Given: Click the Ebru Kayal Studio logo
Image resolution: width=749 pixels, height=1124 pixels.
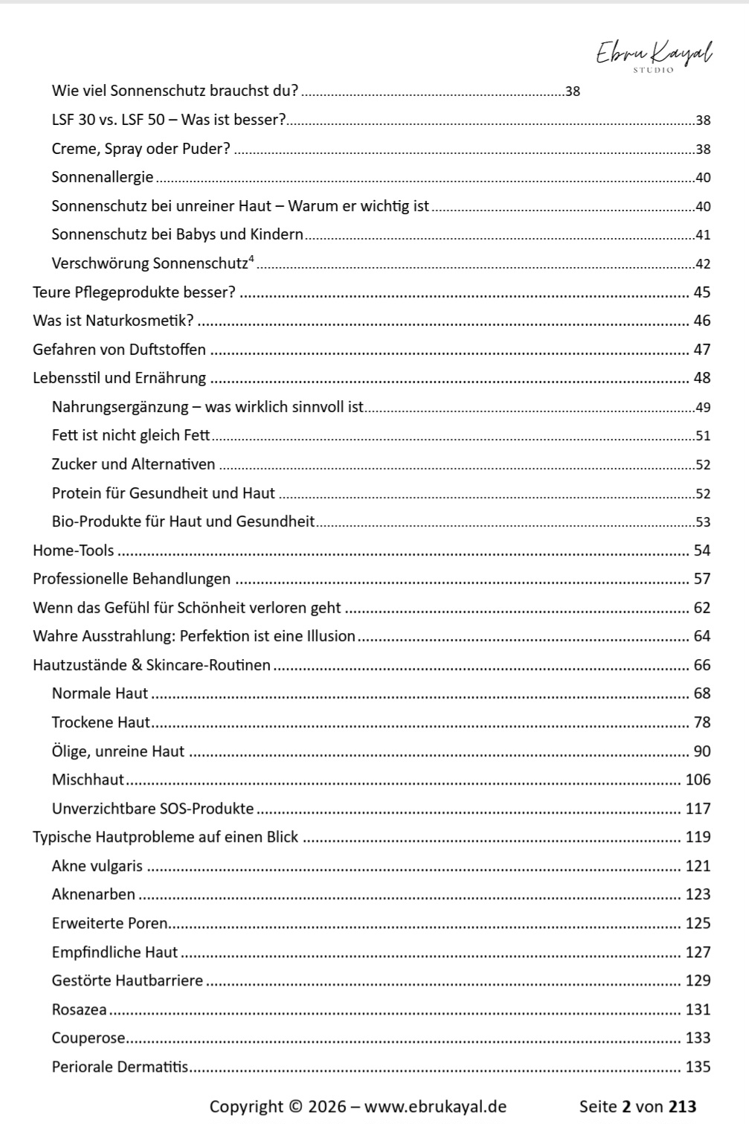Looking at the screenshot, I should pyautogui.click(x=654, y=56).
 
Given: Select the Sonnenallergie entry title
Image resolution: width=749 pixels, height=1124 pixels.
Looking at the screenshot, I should pyautogui.click(x=103, y=177).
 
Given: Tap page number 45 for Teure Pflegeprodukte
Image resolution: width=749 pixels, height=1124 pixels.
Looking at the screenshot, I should pyautogui.click(x=701, y=292).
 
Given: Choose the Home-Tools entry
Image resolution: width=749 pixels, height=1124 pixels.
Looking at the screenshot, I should pyautogui.click(x=74, y=550).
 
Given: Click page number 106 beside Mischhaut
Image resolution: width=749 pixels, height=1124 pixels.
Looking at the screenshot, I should pyautogui.click(x=698, y=780).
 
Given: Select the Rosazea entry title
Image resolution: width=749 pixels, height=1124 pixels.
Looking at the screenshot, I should pyautogui.click(x=79, y=1009).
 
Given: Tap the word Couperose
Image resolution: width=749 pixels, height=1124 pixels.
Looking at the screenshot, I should pyautogui.click(x=89, y=1038).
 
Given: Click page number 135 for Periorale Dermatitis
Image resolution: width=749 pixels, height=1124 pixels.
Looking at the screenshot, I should pyautogui.click(x=698, y=1067).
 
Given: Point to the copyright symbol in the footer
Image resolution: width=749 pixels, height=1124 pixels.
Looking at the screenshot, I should pyautogui.click(x=295, y=1106).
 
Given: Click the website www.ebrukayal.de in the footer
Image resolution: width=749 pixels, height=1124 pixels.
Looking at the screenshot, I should pyautogui.click(x=435, y=1106).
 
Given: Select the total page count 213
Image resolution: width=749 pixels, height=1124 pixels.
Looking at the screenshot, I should pyautogui.click(x=682, y=1106).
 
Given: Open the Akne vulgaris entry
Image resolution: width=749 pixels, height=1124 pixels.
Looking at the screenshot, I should pyautogui.click(x=97, y=866).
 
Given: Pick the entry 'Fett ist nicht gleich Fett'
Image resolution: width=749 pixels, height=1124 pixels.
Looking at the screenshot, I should pyautogui.click(x=131, y=435).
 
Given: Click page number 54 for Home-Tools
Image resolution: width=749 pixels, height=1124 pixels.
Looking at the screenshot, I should pyautogui.click(x=701, y=550).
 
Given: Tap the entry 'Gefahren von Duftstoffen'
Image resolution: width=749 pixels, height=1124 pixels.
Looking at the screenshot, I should pyautogui.click(x=119, y=350).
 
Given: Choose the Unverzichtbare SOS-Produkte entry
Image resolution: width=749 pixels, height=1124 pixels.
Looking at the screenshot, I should pyautogui.click(x=152, y=809).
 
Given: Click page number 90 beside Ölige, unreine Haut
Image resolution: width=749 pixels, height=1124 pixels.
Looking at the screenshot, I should pyautogui.click(x=701, y=751).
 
